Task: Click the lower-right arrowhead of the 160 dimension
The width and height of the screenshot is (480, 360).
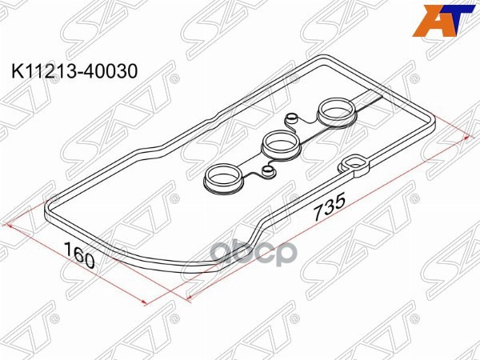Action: pyautogui.click(x=143, y=302)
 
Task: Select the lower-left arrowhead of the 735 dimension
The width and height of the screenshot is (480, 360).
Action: pyautogui.click(x=189, y=297)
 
